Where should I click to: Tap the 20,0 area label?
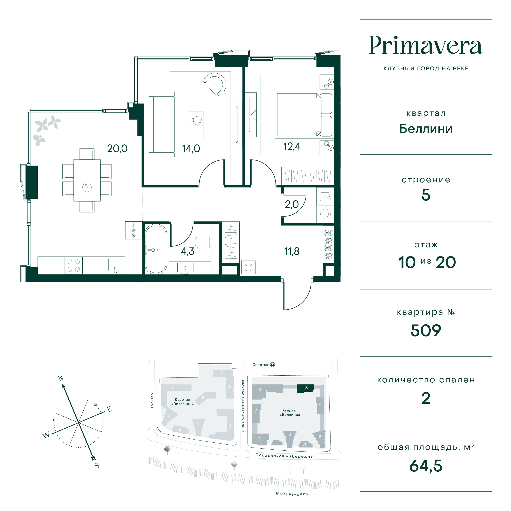pos(117,149)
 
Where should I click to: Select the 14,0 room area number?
pos(191,149)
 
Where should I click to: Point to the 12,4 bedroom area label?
pos(292,146)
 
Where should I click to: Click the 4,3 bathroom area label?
pos(188,251)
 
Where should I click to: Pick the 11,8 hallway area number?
pos(292,251)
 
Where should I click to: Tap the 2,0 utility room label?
pos(292,204)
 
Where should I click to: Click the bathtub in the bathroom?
pos(156,249)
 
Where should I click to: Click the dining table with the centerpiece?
pos(87,180)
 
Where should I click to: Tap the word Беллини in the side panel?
pos(425,129)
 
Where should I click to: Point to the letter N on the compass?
pos(61,378)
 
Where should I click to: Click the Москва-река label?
pos(292,493)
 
